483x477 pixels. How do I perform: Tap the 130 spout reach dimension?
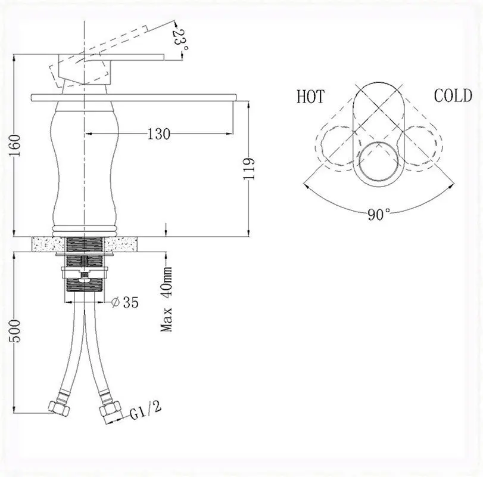(x=158, y=134)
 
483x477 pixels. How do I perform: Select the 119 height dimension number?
(x=249, y=169)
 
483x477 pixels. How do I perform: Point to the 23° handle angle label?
(x=180, y=41)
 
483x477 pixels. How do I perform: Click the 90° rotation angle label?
(x=379, y=214)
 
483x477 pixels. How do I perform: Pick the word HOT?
(x=310, y=97)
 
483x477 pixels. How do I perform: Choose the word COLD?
(x=453, y=95)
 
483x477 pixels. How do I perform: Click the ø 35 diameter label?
(x=124, y=302)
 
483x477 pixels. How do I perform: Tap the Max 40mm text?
(x=167, y=299)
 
